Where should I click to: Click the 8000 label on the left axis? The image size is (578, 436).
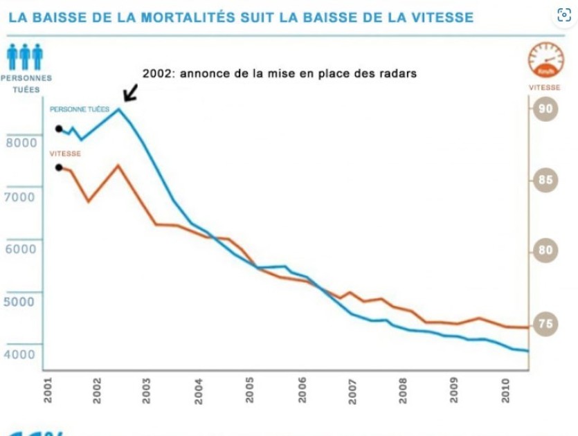click(x=20, y=143)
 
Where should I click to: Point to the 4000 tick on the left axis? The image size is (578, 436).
click(x=20, y=354)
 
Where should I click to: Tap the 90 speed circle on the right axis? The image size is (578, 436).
click(x=545, y=109)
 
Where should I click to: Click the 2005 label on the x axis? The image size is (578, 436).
click(x=250, y=390)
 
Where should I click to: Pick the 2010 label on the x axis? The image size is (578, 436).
click(x=505, y=390)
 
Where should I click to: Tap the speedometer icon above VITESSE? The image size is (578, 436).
click(x=546, y=60)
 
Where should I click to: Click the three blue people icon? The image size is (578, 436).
click(x=25, y=57)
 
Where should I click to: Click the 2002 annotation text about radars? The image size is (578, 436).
click(x=279, y=73)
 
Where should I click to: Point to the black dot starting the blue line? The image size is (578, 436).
click(x=59, y=129)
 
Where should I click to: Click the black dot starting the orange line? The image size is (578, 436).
click(x=59, y=167)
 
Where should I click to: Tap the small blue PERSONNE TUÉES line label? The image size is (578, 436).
click(x=80, y=109)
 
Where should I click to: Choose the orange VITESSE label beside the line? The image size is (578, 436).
click(x=65, y=154)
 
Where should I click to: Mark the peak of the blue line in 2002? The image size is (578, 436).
click(x=118, y=109)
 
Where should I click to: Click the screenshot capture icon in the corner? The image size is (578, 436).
click(x=564, y=16)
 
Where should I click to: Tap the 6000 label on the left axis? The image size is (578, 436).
click(x=20, y=248)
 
